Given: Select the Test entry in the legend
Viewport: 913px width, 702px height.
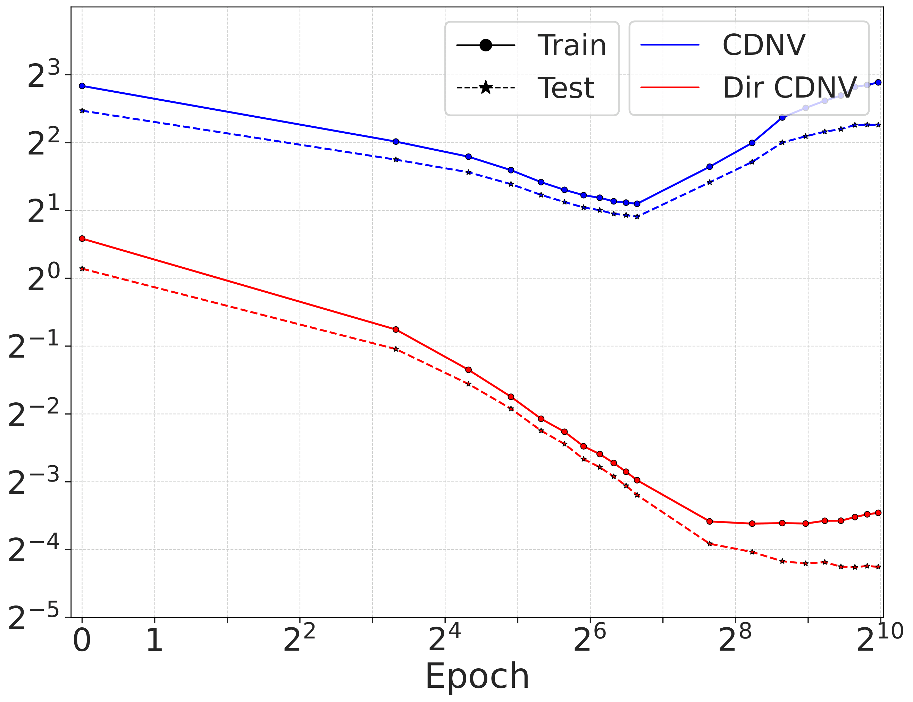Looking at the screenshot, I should (x=566, y=88).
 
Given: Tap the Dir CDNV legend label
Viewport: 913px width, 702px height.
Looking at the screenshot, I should (x=789, y=88).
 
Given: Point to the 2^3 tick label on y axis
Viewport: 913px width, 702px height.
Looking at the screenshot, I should (x=43, y=75).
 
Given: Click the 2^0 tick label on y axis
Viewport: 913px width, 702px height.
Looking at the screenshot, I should (x=43, y=279).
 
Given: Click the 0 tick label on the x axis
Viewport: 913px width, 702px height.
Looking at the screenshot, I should (x=82, y=641).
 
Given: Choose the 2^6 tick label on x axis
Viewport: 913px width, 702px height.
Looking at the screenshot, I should (x=589, y=639).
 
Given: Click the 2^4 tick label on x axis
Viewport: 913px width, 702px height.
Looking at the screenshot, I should (x=445, y=639).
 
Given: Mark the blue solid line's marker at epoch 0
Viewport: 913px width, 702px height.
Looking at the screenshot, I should (x=82, y=86).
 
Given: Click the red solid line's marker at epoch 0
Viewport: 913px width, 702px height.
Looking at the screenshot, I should (x=82, y=239).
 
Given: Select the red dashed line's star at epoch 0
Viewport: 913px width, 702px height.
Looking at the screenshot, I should (x=82, y=269).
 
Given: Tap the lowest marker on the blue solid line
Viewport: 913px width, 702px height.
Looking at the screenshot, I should (x=637, y=204).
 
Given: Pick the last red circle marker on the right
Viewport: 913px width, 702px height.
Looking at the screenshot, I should (x=878, y=513).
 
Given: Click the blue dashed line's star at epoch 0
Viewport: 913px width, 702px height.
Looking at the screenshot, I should (x=82, y=111).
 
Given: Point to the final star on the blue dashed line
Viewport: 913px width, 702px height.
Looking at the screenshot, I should (x=878, y=125).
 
